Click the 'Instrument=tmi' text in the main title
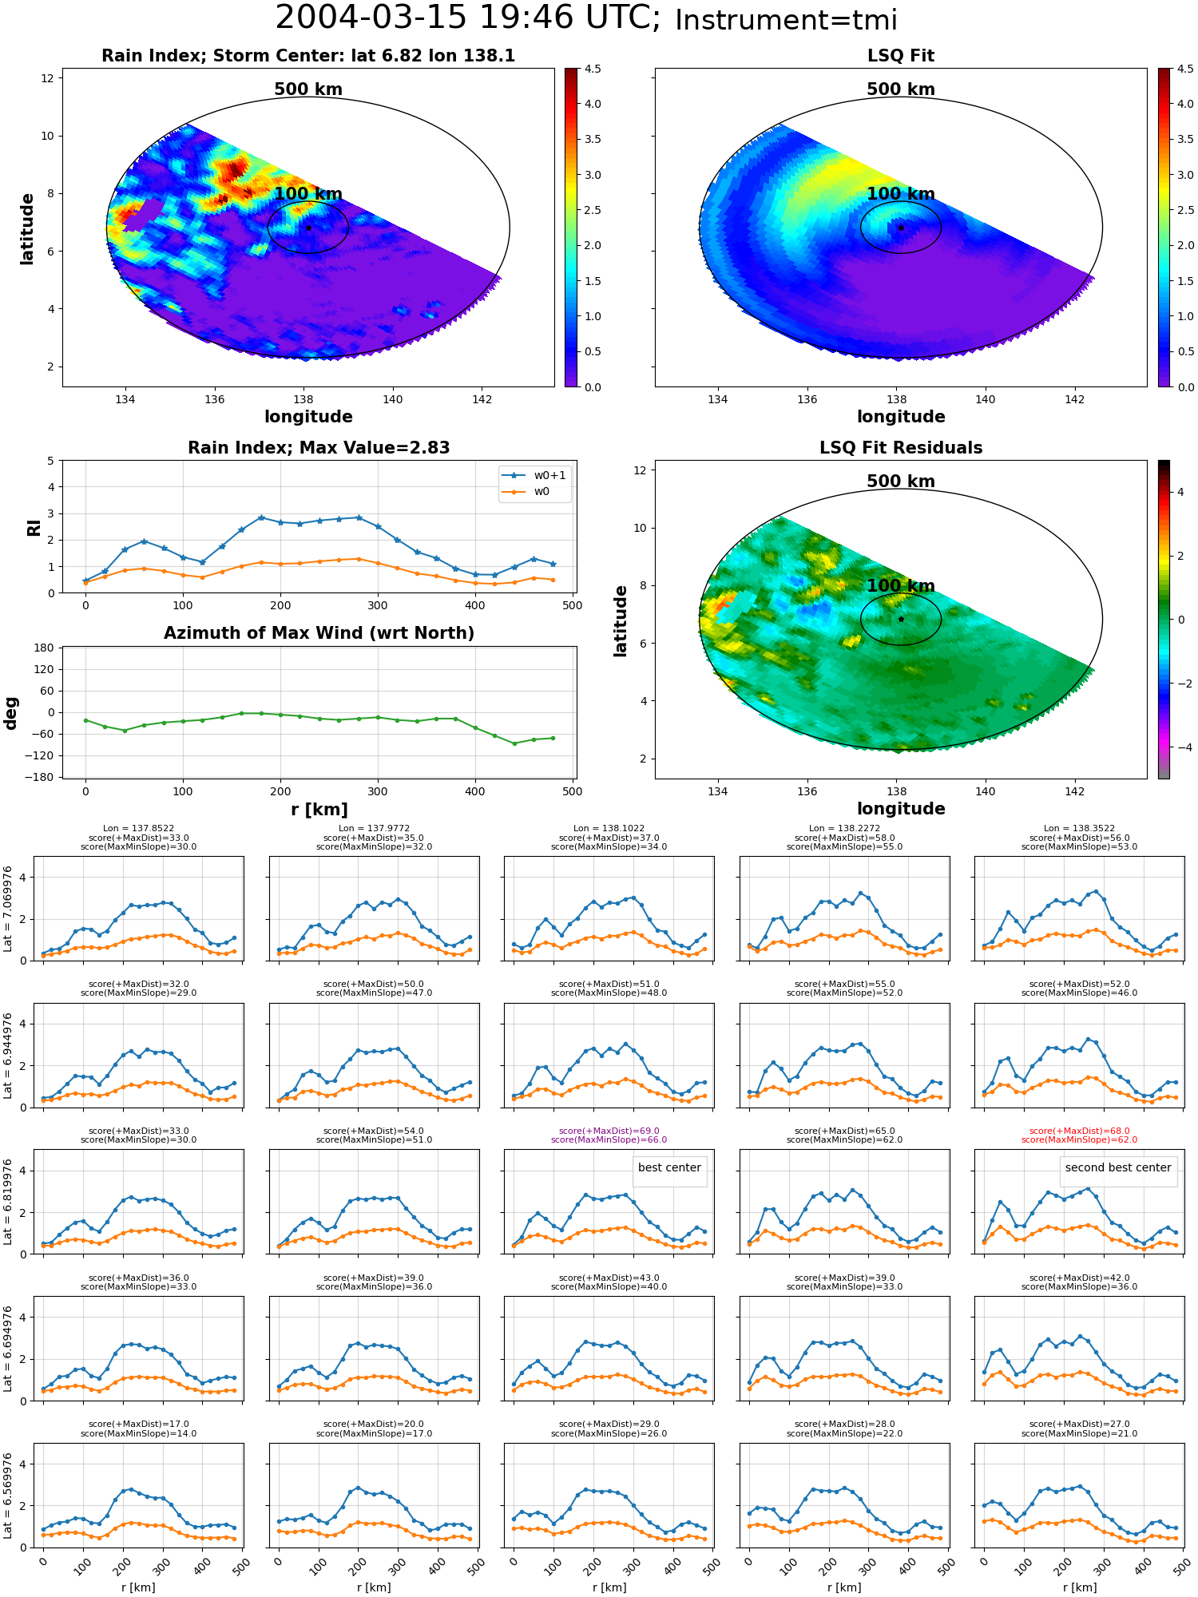[x=786, y=20]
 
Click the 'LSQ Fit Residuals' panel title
[x=901, y=448]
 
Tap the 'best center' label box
[x=669, y=1167]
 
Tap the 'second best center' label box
[x=1118, y=1167]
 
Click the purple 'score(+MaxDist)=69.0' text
[x=609, y=1131]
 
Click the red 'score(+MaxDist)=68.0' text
[x=1080, y=1131]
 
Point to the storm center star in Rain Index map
[x=308, y=228]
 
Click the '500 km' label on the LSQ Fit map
[x=901, y=89]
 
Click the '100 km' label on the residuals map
[x=901, y=586]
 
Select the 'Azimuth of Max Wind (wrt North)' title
[x=319, y=633]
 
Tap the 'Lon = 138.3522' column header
[x=1080, y=829]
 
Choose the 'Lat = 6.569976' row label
[x=8, y=1496]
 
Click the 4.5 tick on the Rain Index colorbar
[x=592, y=69]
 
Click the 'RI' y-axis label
[x=34, y=527]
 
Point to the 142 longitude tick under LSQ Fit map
[x=1075, y=399]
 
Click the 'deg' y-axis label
[x=10, y=713]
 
